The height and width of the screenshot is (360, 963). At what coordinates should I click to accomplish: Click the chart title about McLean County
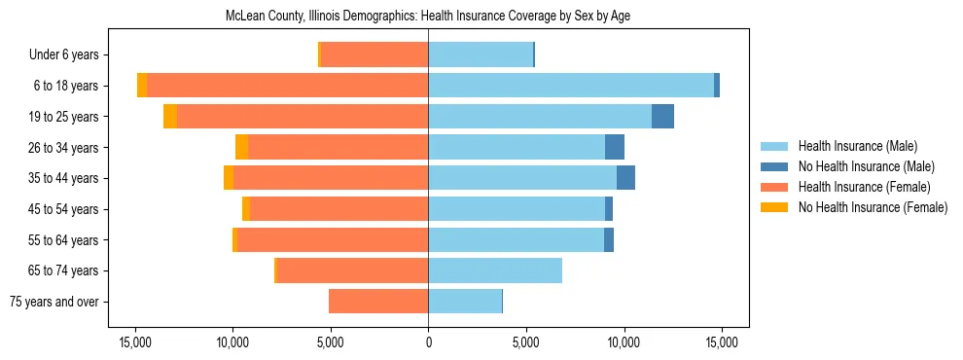[428, 17]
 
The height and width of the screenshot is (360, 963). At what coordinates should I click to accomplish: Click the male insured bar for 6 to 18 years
[571, 86]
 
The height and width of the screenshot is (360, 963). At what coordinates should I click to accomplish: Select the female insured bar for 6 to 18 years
[287, 86]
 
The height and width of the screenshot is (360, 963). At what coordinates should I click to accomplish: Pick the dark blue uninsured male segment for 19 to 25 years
[662, 117]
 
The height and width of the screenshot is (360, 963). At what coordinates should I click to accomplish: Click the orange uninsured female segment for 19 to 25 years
[170, 117]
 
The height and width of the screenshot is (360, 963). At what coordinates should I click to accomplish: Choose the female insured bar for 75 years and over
[378, 302]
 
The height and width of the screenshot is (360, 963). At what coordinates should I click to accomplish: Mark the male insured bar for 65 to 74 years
[495, 270]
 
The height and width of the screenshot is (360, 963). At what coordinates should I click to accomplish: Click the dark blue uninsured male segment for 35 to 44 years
[625, 178]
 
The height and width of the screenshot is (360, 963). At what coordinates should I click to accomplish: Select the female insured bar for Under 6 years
[374, 55]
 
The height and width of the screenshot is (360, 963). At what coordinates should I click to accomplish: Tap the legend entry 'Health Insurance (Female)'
[856, 187]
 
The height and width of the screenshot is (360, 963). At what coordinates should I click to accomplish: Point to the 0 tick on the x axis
[428, 342]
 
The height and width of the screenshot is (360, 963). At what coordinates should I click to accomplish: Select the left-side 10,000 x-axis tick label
[232, 342]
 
